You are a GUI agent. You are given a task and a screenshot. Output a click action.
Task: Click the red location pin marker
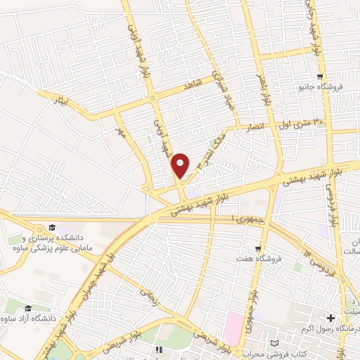(x=181, y=165)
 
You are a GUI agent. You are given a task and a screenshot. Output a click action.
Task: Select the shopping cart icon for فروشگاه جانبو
(x=321, y=77)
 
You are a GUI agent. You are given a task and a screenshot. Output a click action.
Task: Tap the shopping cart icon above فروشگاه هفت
(x=258, y=248)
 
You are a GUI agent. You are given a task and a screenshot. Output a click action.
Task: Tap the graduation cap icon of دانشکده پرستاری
(x=51, y=227)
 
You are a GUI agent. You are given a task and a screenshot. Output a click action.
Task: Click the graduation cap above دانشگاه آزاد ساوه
(x=28, y=308)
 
